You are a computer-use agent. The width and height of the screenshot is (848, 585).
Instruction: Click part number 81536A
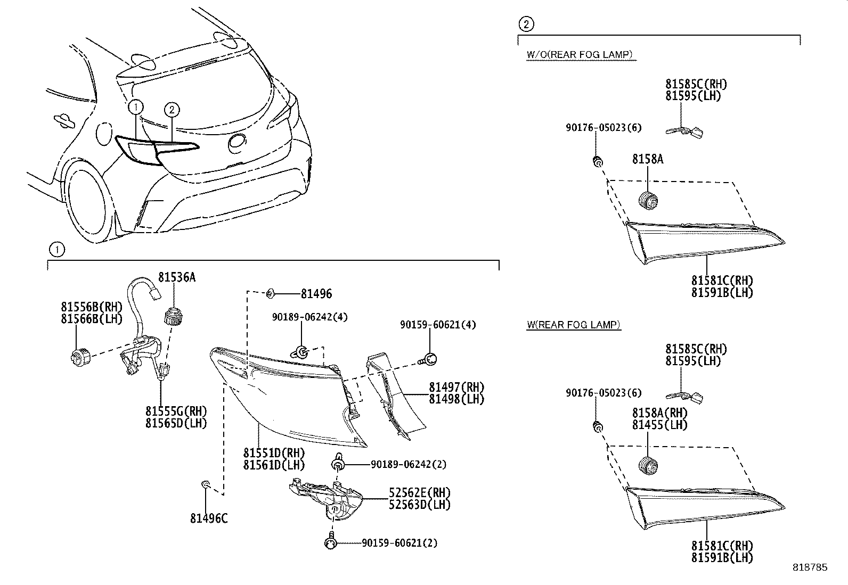[x=176, y=277]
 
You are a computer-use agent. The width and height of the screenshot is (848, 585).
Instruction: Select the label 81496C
[x=209, y=517]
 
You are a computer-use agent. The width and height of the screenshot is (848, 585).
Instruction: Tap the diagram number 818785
[x=810, y=567]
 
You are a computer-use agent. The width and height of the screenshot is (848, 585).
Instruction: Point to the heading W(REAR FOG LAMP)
[x=573, y=325]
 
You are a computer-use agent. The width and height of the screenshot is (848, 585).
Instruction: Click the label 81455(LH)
[x=659, y=425]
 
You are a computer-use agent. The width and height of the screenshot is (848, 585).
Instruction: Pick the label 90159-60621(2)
[x=399, y=543]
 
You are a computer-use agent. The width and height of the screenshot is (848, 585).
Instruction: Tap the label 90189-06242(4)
[x=309, y=317]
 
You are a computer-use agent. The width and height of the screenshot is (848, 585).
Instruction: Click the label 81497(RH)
[x=456, y=387]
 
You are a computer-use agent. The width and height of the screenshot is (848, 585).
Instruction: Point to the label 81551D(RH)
[x=274, y=453]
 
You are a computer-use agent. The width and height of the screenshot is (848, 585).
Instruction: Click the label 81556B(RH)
[x=92, y=307]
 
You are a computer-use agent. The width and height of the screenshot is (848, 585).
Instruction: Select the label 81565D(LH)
[x=176, y=423]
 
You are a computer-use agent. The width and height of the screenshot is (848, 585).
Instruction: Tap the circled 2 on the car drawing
[x=172, y=110]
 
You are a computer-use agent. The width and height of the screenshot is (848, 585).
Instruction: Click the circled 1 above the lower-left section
[x=55, y=249]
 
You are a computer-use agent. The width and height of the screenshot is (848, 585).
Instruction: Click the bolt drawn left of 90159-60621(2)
[x=329, y=542]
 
